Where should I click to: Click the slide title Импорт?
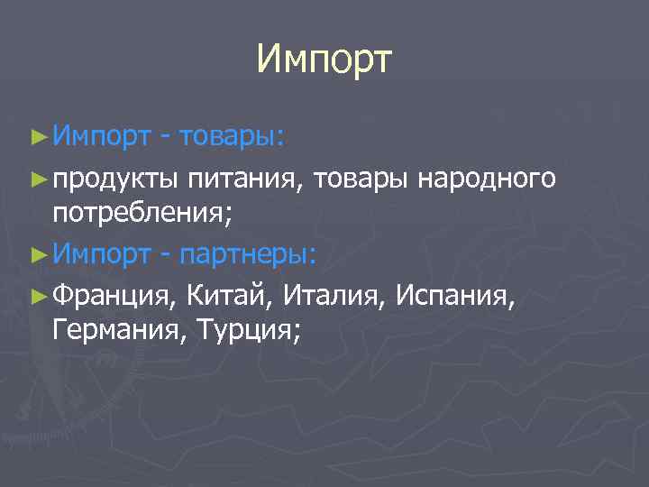click(324, 60)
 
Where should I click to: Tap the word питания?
click(247, 180)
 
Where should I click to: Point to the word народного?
click(487, 179)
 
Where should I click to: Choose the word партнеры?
click(248, 255)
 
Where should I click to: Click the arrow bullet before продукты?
click(38, 178)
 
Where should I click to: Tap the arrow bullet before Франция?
click(38, 293)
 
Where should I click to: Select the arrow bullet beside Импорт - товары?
click(38, 137)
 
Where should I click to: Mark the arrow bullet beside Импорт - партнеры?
click(38, 254)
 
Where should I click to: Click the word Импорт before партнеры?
click(101, 255)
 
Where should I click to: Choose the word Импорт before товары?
click(101, 136)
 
